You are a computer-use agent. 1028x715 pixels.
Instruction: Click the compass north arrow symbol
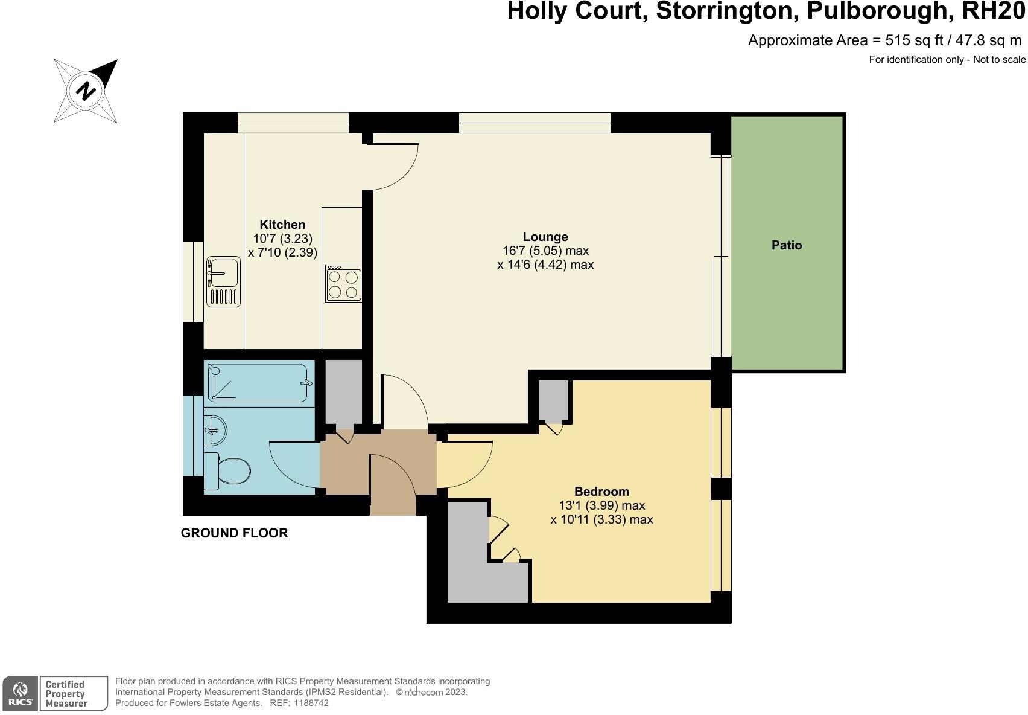coord(86,91)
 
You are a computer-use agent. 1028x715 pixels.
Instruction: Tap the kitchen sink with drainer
coord(223,281)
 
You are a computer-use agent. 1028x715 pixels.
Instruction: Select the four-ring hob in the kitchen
coord(343,283)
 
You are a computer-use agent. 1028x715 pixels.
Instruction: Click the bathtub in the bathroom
coord(258,383)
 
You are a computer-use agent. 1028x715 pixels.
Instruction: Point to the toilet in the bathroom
coord(229,471)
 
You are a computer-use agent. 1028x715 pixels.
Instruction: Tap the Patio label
coord(787,245)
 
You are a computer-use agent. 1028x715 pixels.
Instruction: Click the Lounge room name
coord(545,237)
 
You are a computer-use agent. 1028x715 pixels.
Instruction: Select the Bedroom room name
coord(601,492)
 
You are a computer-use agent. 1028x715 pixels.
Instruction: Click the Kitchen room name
coord(282,225)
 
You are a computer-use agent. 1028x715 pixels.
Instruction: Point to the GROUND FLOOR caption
coord(234,533)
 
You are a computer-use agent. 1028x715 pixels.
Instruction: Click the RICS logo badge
coord(20,693)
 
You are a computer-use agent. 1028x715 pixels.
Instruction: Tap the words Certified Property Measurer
coord(66,694)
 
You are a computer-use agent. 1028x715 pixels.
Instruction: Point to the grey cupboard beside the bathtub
coord(344,391)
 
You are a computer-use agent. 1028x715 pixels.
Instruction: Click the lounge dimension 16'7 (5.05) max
coord(545,251)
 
